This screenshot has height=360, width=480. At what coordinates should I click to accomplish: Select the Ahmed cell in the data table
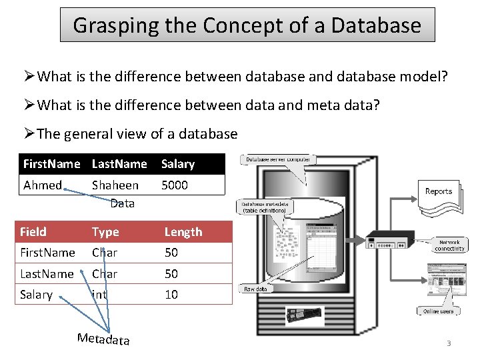pyautogui.click(x=42, y=185)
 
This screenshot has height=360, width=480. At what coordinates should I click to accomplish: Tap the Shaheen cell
pyautogui.click(x=115, y=185)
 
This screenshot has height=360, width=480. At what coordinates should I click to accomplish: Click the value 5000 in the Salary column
pyautogui.click(x=175, y=185)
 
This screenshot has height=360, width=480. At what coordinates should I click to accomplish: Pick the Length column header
pyautogui.click(x=183, y=232)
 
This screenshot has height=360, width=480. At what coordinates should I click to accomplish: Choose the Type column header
pyautogui.click(x=105, y=232)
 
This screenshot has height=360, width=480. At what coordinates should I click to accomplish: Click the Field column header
pyautogui.click(x=33, y=232)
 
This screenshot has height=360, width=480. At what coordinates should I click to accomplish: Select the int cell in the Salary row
pyautogui.click(x=99, y=294)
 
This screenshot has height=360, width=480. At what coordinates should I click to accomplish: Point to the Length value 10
pyautogui.click(x=171, y=294)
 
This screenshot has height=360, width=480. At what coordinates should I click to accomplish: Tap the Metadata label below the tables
pyautogui.click(x=103, y=339)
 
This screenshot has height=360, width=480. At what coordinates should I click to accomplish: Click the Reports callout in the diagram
pyautogui.click(x=439, y=191)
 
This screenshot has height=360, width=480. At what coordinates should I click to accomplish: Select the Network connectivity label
pyautogui.click(x=449, y=245)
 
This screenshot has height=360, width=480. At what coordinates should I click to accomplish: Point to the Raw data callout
pyautogui.click(x=255, y=289)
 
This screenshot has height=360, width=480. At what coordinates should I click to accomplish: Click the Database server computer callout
pyautogui.click(x=278, y=160)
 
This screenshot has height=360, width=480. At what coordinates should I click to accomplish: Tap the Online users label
pyautogui.click(x=438, y=311)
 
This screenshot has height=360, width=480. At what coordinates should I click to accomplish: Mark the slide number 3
pyautogui.click(x=449, y=343)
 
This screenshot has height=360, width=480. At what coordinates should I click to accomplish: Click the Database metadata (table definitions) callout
pyautogui.click(x=265, y=207)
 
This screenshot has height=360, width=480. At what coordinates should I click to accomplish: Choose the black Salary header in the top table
pyautogui.click(x=178, y=164)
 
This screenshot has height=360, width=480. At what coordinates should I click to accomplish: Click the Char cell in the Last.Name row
pyautogui.click(x=105, y=273)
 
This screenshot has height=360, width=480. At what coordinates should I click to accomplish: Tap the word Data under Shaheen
pyautogui.click(x=122, y=203)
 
